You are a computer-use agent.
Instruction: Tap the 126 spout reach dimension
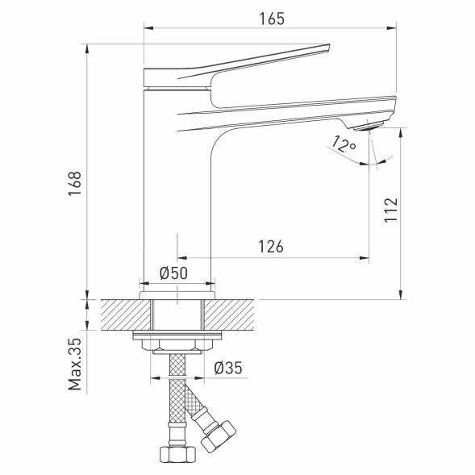(x=270, y=248)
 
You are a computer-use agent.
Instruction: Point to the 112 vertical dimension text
(x=390, y=212)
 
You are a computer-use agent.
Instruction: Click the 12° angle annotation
(x=344, y=145)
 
